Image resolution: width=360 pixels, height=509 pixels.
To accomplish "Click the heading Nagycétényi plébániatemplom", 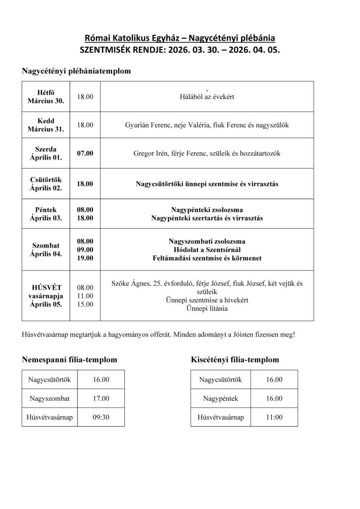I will (76, 71).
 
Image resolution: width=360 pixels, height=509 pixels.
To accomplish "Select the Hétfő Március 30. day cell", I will (46, 96).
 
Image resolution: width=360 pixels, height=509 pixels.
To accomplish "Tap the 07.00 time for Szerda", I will (85, 153).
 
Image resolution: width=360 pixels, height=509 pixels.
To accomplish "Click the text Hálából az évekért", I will (207, 96).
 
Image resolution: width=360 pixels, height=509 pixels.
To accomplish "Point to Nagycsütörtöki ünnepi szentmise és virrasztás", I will (207, 184).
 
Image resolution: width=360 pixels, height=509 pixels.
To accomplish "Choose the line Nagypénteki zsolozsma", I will (207, 209).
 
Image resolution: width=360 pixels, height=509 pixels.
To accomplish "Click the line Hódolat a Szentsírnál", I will (207, 250).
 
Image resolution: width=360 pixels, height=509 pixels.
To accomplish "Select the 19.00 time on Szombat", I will (85, 258).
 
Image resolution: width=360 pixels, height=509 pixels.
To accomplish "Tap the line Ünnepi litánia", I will (207, 309).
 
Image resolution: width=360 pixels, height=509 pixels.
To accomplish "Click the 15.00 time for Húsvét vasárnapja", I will (85, 304).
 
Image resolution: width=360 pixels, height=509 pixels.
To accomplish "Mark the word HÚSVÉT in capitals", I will (46, 287).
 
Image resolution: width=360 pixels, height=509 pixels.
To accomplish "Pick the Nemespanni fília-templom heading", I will (69, 359).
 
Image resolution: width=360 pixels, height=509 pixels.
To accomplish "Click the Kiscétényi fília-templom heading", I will (235, 359).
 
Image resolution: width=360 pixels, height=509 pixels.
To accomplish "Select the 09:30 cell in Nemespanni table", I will (101, 417).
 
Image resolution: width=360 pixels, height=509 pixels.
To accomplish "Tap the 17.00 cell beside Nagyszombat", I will (101, 398).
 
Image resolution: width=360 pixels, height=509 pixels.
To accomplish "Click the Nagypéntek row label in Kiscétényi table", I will (221, 398).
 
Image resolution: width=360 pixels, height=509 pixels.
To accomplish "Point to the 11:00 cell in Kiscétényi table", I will (274, 417).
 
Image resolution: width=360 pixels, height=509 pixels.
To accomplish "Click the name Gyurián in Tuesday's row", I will (138, 125).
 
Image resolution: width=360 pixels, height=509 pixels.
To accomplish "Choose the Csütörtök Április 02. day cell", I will (46, 184).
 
